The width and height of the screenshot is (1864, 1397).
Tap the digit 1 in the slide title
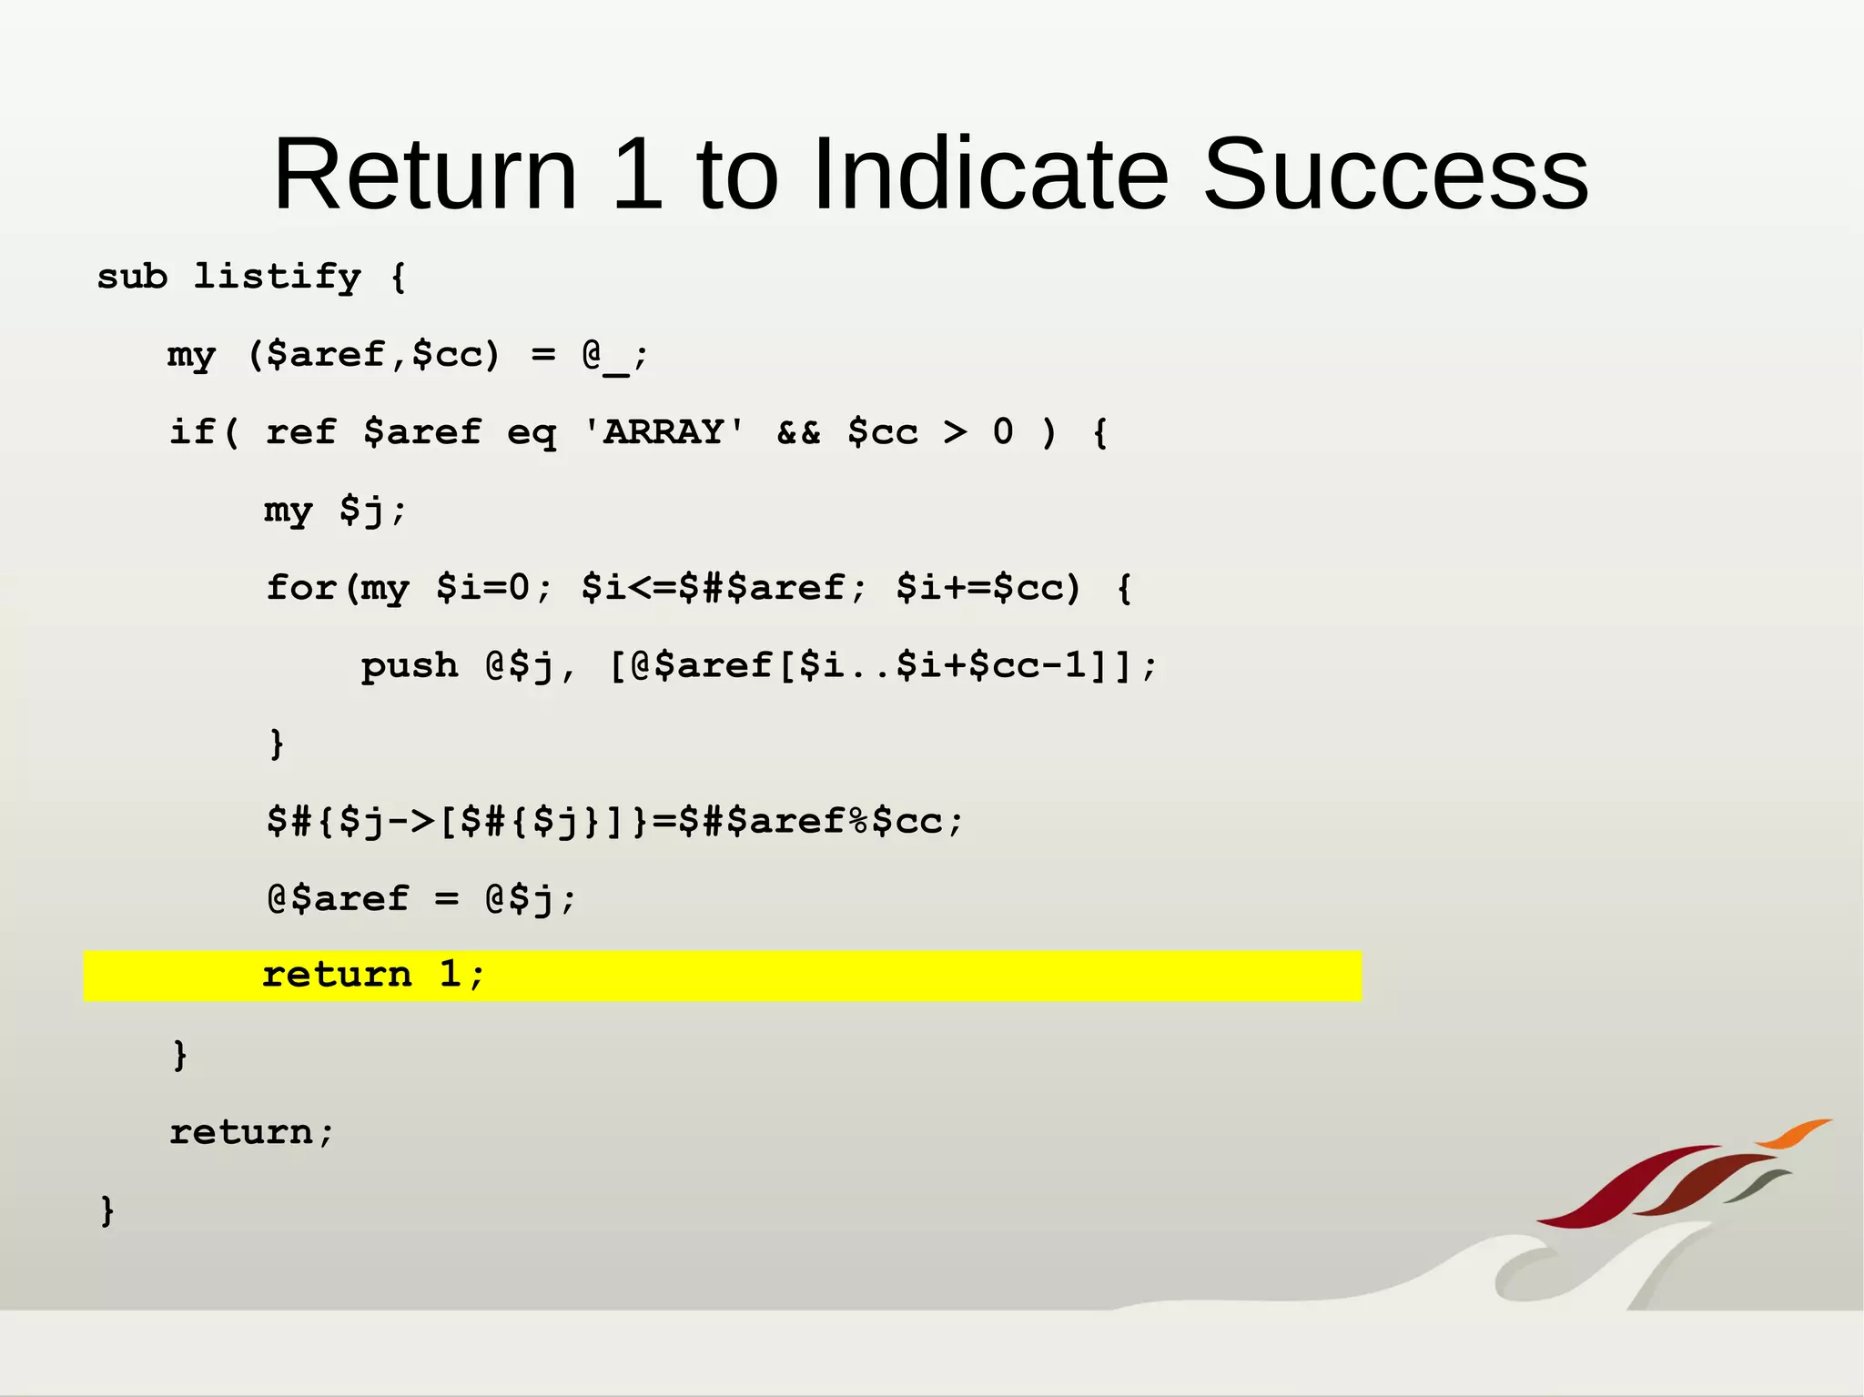coord(638,174)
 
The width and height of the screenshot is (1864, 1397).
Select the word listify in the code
coord(277,277)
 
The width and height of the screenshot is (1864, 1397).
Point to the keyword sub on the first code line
coord(132,277)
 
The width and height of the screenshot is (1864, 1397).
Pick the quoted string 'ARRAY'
coord(664,432)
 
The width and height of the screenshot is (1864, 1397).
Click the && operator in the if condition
coord(798,432)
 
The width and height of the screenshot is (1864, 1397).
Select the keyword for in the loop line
coord(301,588)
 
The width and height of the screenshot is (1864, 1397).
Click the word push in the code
coord(409,666)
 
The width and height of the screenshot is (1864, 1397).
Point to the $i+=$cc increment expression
coord(988,588)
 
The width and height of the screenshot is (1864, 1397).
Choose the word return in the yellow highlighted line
coord(337,976)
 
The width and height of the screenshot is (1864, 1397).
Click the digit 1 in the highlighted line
coord(450,975)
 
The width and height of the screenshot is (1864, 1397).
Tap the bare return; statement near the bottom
coord(251,1132)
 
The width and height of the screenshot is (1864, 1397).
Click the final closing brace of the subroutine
coord(107,1210)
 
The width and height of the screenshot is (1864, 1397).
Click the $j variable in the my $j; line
coord(361,511)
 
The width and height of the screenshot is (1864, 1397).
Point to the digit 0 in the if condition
coord(1002,432)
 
